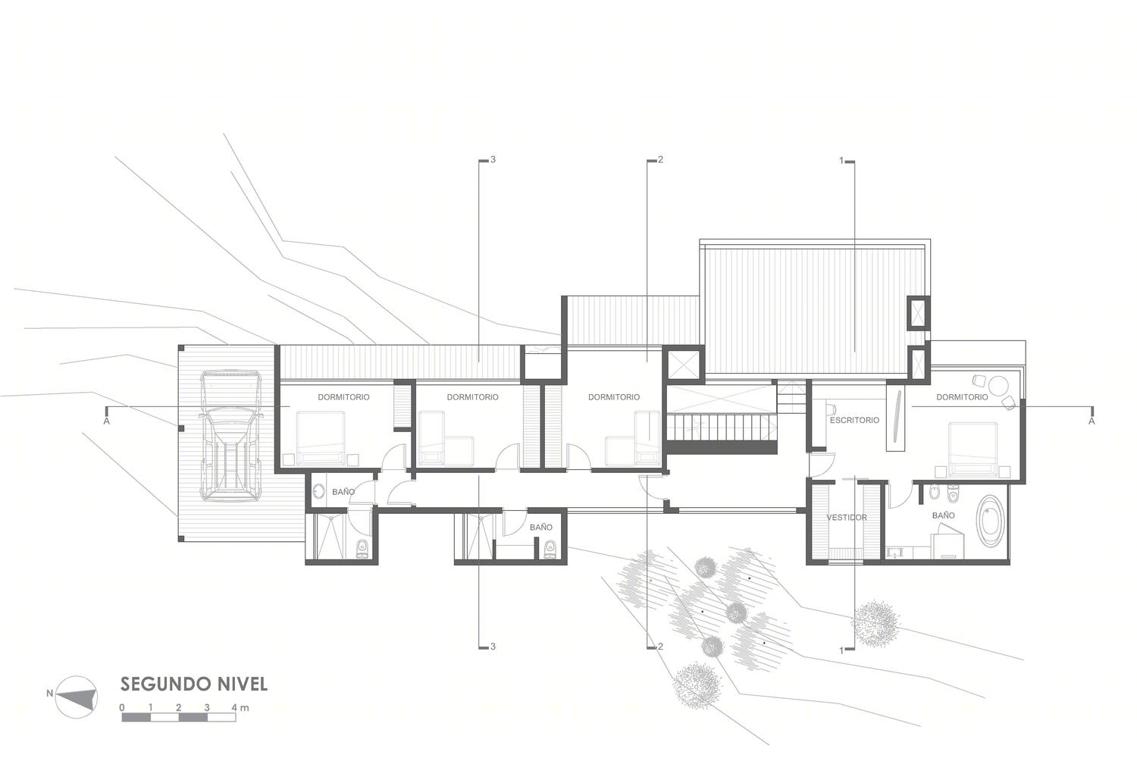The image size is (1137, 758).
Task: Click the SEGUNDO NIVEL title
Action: pos(193,684)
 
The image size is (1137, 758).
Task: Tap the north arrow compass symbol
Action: pos(76,697)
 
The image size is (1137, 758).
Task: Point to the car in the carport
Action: pos(231,436)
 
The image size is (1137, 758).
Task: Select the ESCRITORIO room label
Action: pos(854,421)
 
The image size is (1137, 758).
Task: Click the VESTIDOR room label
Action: pos(847,518)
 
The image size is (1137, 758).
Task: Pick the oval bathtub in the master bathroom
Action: pos(990,521)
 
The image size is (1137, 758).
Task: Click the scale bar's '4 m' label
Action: pos(240,708)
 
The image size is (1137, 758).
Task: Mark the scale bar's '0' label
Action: pos(122,708)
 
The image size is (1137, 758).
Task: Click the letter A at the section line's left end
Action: pos(107,421)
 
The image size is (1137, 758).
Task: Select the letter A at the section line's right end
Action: pos(1092,421)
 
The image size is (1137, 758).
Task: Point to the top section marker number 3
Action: pos(493,160)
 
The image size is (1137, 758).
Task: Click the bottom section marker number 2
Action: pos(660,647)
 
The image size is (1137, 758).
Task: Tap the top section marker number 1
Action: pos(841,161)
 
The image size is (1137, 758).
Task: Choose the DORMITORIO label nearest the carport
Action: pos(343,397)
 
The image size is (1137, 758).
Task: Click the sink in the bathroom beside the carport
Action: pos(319,491)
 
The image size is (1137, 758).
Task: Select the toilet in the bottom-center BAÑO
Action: pos(550,548)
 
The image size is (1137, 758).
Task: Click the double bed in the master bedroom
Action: pos(972,449)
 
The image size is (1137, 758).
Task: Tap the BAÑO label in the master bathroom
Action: pos(944,515)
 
